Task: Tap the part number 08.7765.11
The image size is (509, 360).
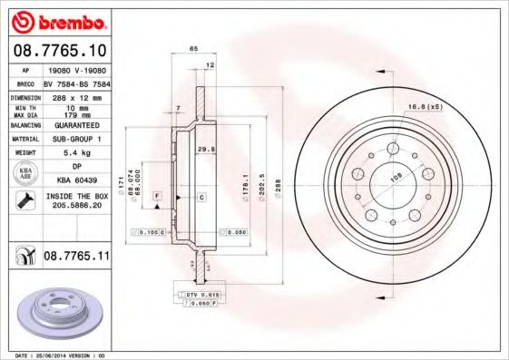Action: click(76, 257)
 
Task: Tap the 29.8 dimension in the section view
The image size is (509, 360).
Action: click(205, 149)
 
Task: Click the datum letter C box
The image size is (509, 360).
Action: click(201, 197)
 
